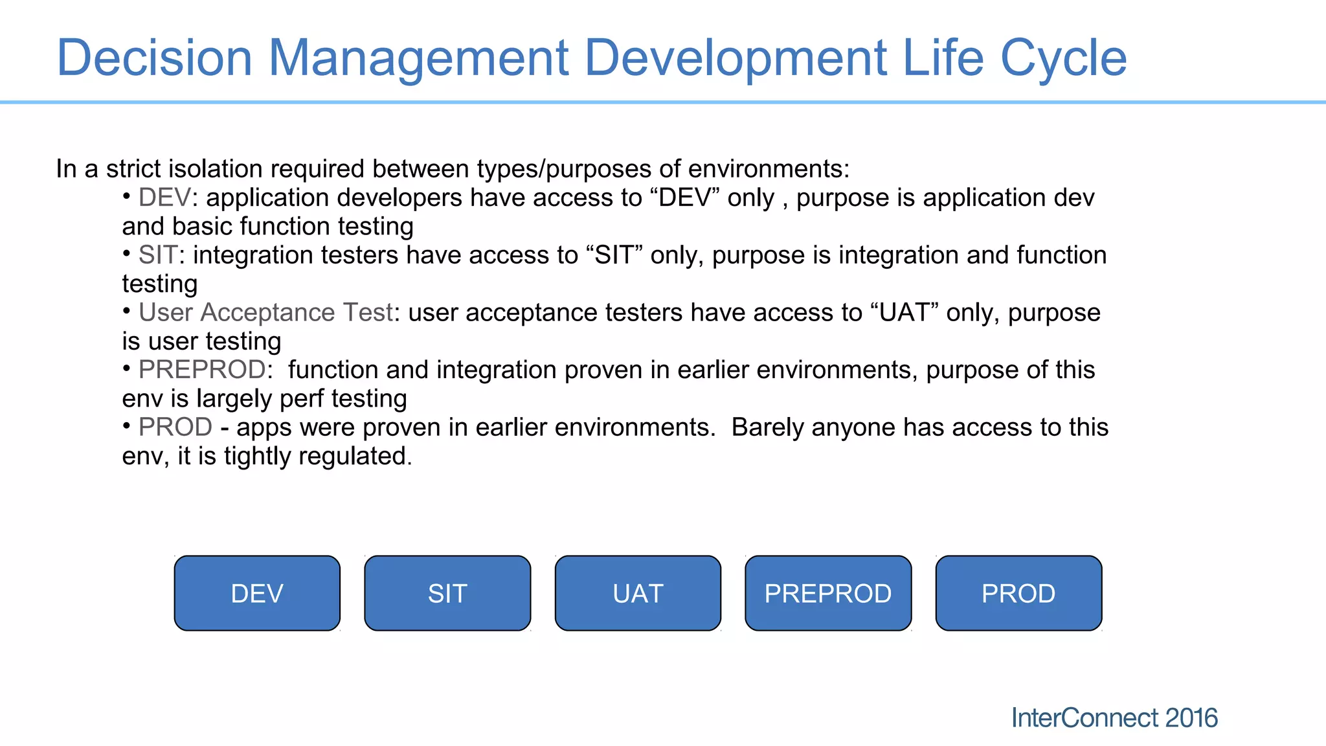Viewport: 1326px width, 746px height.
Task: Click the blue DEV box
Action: coord(257,593)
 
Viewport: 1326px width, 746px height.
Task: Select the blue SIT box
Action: coord(447,593)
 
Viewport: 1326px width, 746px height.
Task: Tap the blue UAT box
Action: coord(638,593)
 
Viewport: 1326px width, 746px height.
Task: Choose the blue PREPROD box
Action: coord(828,593)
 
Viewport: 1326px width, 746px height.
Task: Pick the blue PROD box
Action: coord(1018,593)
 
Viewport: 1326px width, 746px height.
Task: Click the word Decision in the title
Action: coord(154,58)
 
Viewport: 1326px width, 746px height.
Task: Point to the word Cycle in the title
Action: coord(1063,58)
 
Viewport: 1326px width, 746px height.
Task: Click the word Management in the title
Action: coord(418,58)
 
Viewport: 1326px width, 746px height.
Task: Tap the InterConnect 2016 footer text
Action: coord(1114,718)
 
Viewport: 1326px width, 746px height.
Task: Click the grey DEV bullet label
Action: coord(164,198)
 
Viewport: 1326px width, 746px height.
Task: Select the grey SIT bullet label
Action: coord(157,255)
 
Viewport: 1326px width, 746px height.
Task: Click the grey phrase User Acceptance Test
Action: coord(265,313)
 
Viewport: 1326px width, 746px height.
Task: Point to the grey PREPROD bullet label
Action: coord(202,370)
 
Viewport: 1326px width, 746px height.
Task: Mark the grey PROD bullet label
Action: coord(175,427)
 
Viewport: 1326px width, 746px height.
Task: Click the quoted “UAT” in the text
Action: coord(904,313)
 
